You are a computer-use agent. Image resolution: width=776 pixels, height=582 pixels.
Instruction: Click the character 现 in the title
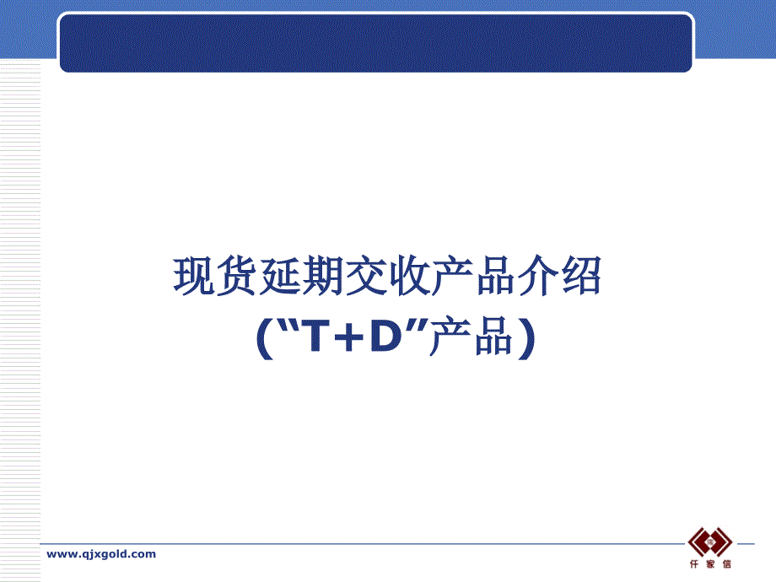[x=193, y=276]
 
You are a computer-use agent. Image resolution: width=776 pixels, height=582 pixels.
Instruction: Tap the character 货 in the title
[x=236, y=276]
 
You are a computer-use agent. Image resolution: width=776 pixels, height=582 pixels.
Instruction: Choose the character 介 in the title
[x=538, y=276]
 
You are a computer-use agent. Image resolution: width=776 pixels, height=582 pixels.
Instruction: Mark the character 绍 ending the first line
[x=580, y=276]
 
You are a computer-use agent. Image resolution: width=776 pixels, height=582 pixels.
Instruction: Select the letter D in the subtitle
[x=386, y=336]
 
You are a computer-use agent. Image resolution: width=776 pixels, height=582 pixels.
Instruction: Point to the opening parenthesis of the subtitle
[x=265, y=338]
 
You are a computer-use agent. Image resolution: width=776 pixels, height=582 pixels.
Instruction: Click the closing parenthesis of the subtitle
[x=527, y=338]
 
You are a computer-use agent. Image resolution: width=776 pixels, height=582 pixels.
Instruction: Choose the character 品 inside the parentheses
[x=494, y=337]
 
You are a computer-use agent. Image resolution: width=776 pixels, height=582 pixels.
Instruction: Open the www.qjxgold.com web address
[x=101, y=554]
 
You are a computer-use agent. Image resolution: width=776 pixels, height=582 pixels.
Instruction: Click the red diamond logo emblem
[x=710, y=542]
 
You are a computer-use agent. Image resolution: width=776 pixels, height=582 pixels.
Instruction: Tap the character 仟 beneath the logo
[x=694, y=563]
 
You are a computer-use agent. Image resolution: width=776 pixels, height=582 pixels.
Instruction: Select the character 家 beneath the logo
[x=710, y=563]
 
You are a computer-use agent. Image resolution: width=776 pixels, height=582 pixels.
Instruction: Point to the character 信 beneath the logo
[x=726, y=563]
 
